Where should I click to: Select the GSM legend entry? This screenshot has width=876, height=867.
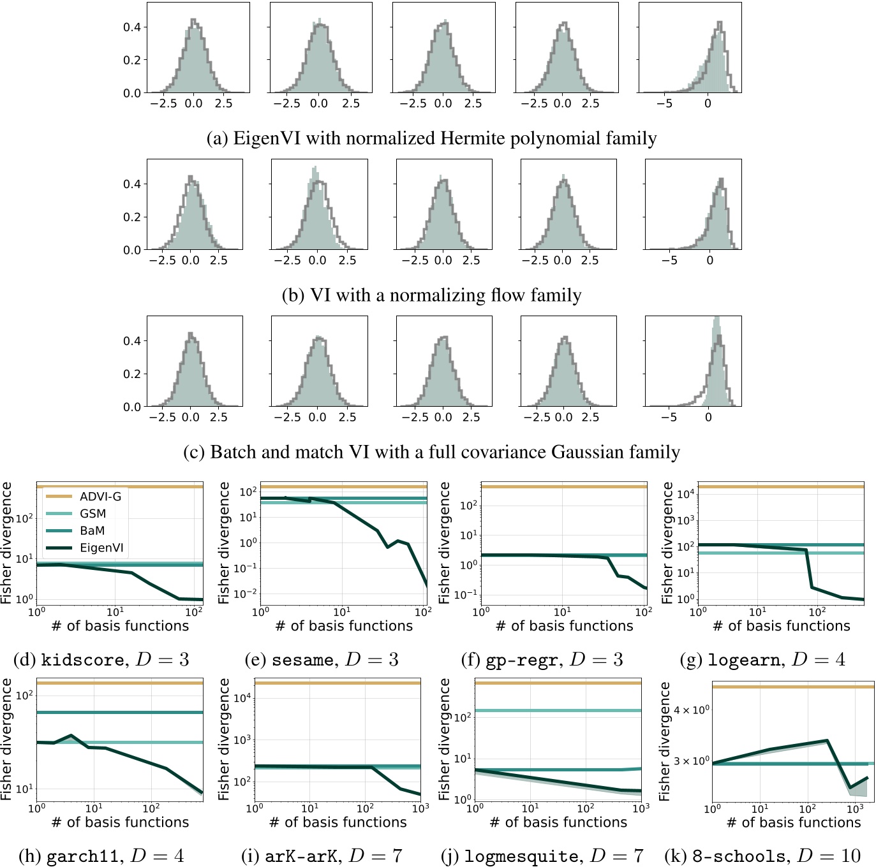(93, 514)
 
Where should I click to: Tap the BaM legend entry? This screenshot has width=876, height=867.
(92, 530)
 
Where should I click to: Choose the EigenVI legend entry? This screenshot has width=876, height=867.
(101, 548)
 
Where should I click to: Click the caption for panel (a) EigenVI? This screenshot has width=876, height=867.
(431, 138)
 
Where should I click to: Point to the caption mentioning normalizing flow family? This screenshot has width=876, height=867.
(431, 295)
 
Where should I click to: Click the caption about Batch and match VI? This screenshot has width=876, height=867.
(431, 452)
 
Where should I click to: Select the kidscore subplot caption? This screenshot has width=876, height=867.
(101, 659)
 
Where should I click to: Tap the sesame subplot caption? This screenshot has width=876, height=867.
(322, 659)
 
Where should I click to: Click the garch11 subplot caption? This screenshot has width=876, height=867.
(101, 856)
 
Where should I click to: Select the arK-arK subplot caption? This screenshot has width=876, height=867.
(322, 856)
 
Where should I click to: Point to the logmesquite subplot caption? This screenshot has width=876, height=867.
(542, 856)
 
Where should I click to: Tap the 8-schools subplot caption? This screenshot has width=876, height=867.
(762, 856)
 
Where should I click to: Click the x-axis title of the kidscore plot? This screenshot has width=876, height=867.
(120, 626)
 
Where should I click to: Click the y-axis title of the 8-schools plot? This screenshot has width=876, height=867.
(665, 741)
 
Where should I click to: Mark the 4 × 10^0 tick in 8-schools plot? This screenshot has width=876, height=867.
(692, 710)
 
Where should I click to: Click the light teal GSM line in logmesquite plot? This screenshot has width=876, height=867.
(558, 710)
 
